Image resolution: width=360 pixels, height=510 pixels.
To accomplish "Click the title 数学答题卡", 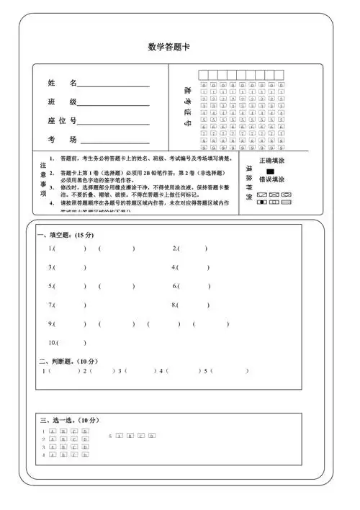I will click(168, 48).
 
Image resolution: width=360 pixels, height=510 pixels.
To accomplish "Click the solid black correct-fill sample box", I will click(270, 171).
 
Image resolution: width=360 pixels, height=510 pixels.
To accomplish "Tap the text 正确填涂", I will click(271, 161).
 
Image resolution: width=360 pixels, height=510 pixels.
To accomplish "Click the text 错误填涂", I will click(271, 180).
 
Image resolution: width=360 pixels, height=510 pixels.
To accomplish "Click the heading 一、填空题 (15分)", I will click(66, 235).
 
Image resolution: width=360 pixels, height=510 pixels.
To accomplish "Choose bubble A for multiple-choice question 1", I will click(53, 431).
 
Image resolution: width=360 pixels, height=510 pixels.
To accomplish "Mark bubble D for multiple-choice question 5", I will click(152, 436).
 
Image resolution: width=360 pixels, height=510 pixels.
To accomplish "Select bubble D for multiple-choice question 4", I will click(85, 455).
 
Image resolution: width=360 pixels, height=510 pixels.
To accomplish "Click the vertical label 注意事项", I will click(43, 179).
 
